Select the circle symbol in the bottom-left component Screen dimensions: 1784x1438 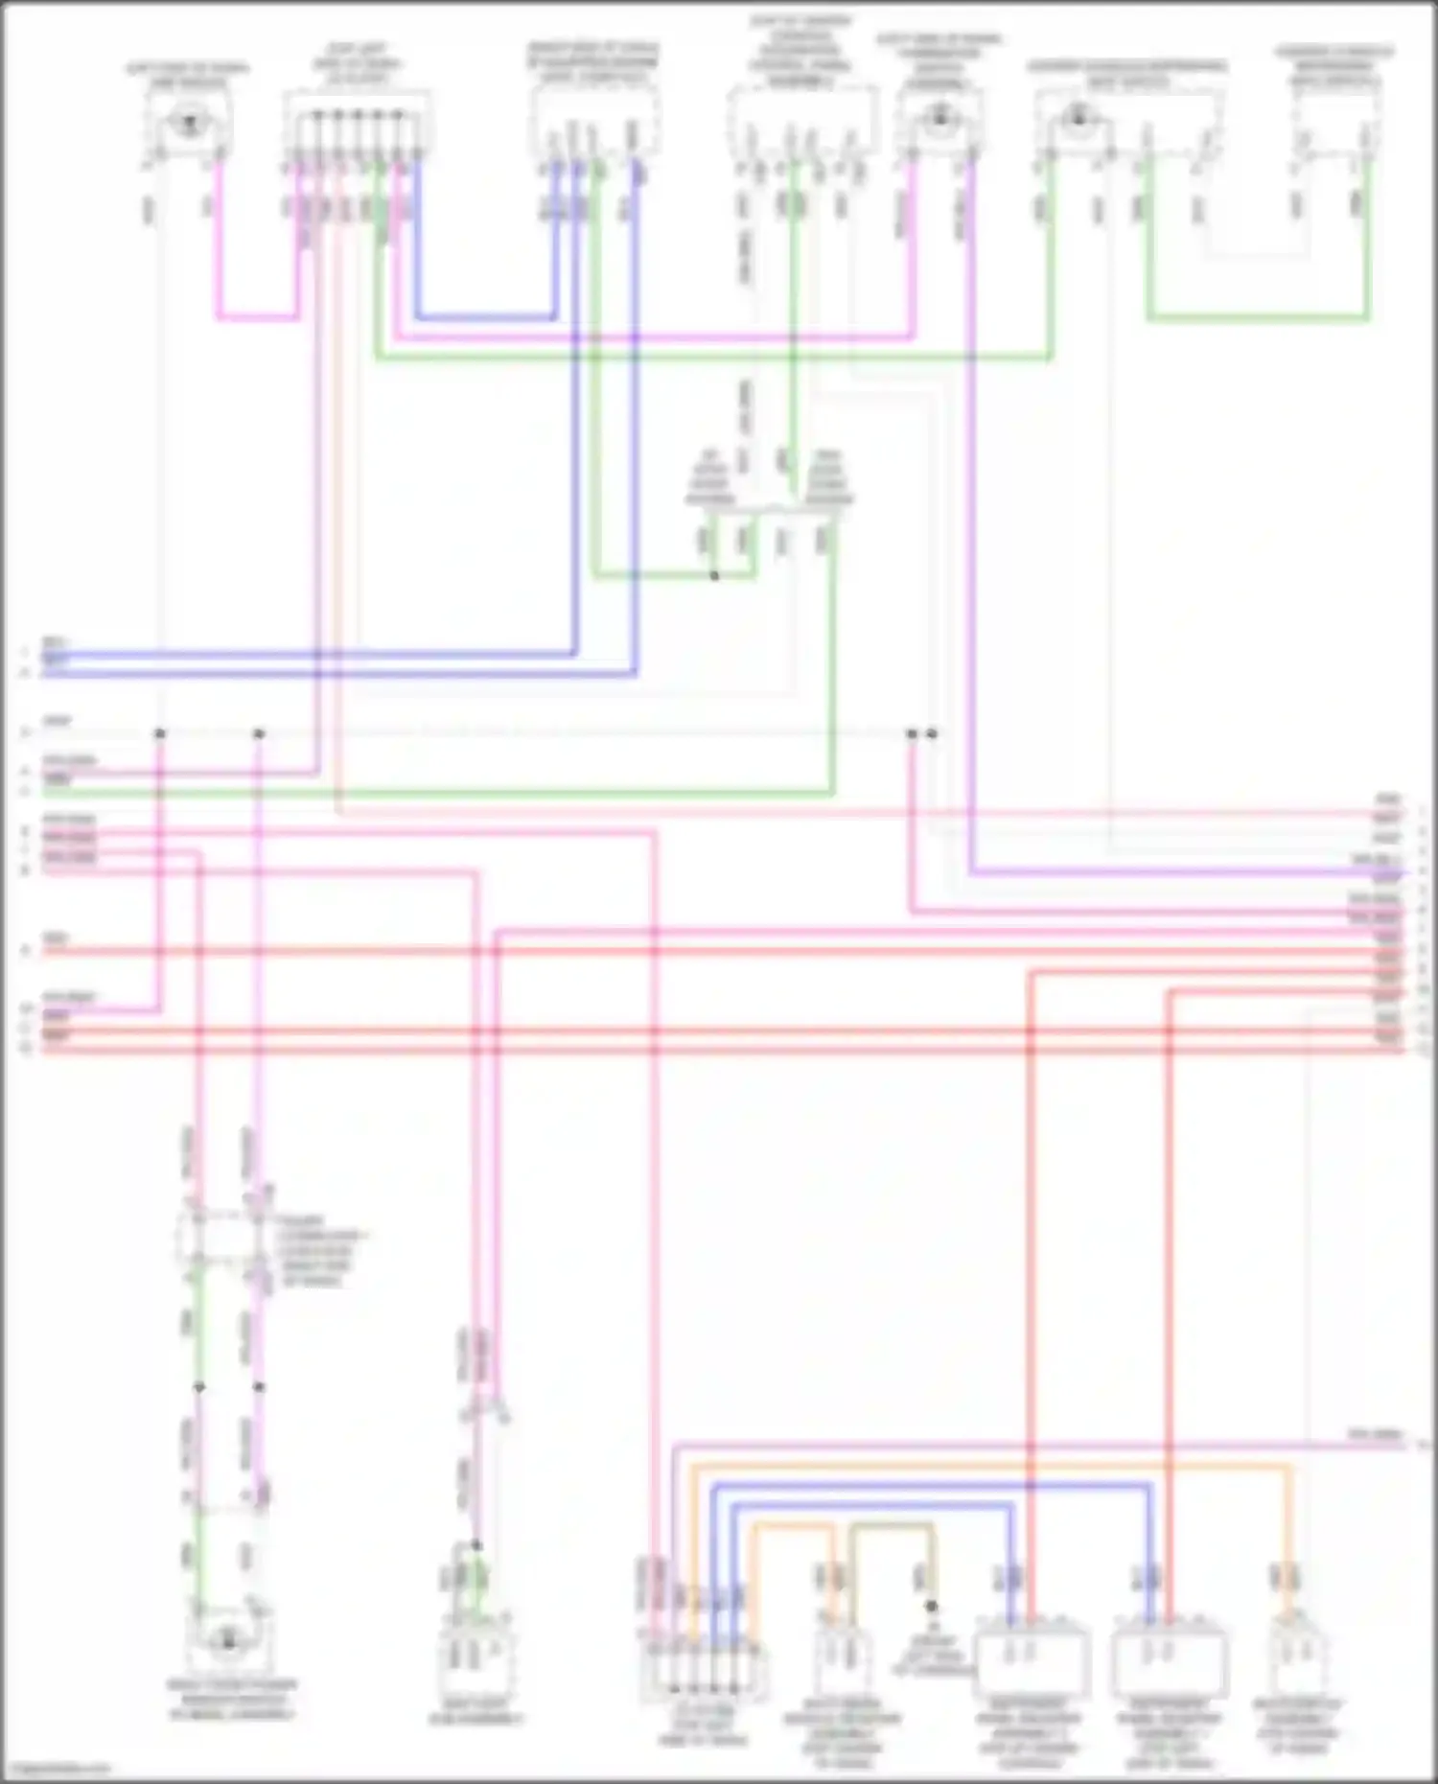click(228, 1642)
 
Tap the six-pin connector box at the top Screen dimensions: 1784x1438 click(357, 125)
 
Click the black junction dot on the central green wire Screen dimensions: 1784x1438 click(714, 576)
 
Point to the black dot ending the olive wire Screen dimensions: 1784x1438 click(930, 1606)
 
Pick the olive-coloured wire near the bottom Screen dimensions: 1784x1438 click(892, 1525)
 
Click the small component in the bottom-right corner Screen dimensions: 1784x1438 click(1299, 1663)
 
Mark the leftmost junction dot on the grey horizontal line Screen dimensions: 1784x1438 click(160, 734)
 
